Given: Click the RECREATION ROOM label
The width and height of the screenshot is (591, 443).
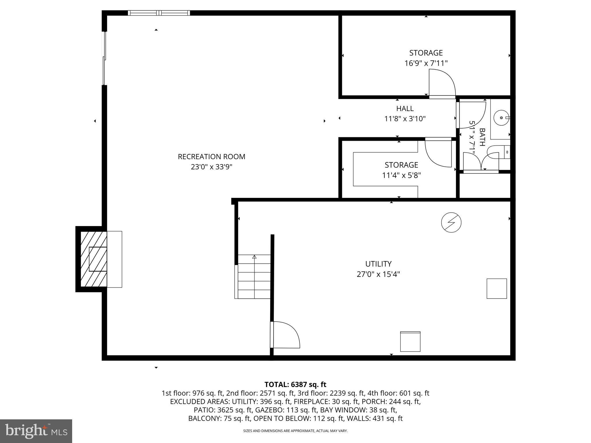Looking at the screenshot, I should [x=211, y=157].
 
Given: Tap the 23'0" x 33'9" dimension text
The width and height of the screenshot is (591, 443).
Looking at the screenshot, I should [x=211, y=167].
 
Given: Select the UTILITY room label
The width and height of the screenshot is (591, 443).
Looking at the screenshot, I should [x=378, y=264].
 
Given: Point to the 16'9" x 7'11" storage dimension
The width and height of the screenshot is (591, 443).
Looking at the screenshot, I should [x=426, y=63].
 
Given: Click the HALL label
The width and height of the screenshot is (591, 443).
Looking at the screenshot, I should [x=405, y=108].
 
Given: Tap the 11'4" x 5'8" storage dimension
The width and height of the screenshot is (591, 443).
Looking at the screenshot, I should [x=401, y=175].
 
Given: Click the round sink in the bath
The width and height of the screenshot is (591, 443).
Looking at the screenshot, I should [x=501, y=118].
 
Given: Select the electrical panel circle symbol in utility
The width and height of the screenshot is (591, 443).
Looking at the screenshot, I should [x=451, y=222].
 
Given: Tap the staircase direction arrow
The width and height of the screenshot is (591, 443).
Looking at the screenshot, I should [x=254, y=257].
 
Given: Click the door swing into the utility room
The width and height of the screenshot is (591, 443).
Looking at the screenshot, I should [x=286, y=335].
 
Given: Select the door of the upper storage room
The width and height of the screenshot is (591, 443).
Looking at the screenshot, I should [x=442, y=84].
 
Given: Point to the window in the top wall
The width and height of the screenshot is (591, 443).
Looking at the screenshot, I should [x=159, y=13].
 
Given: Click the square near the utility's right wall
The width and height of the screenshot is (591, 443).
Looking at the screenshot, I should [x=497, y=288].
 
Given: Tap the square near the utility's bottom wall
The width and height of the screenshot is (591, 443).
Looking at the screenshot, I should [x=410, y=341].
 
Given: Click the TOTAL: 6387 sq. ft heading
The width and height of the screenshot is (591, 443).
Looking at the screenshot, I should [x=295, y=384].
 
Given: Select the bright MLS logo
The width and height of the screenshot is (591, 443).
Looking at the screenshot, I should [x=36, y=431].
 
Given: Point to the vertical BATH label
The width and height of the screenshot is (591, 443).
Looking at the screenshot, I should [x=482, y=137].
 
